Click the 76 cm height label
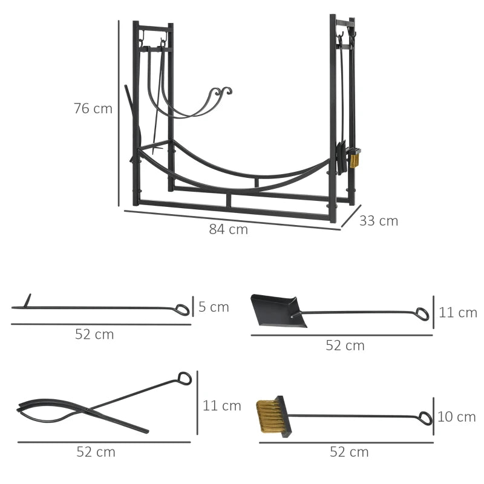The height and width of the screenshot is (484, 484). click(93, 109)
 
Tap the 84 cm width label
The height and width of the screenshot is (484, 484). click(229, 229)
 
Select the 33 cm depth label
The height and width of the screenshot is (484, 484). click(379, 221)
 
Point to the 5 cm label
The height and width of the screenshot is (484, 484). click(214, 307)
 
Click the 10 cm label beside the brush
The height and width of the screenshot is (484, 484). click(457, 417)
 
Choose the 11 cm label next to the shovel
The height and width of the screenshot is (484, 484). click(458, 313)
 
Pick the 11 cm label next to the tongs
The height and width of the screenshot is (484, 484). click(221, 405)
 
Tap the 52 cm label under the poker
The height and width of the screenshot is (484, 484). click(94, 334)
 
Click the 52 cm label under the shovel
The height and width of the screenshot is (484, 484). click(345, 345)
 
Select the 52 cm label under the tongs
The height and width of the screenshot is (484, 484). click(96, 451)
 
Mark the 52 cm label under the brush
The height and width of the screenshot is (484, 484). click(348, 452)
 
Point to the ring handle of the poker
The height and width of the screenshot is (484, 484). click(181, 310)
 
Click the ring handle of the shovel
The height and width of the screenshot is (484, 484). click(422, 314)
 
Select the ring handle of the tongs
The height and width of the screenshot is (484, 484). click(185, 379)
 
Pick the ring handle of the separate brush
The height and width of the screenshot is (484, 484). click(425, 418)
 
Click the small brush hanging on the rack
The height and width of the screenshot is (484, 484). click(355, 160)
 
